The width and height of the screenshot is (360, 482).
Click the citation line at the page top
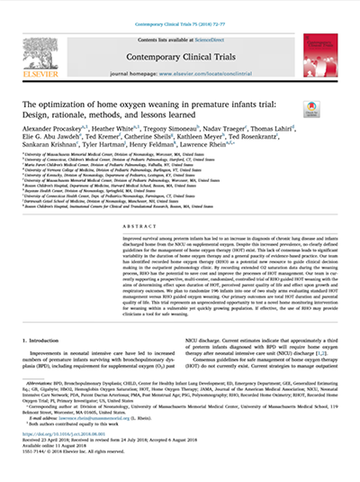[180, 7]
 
